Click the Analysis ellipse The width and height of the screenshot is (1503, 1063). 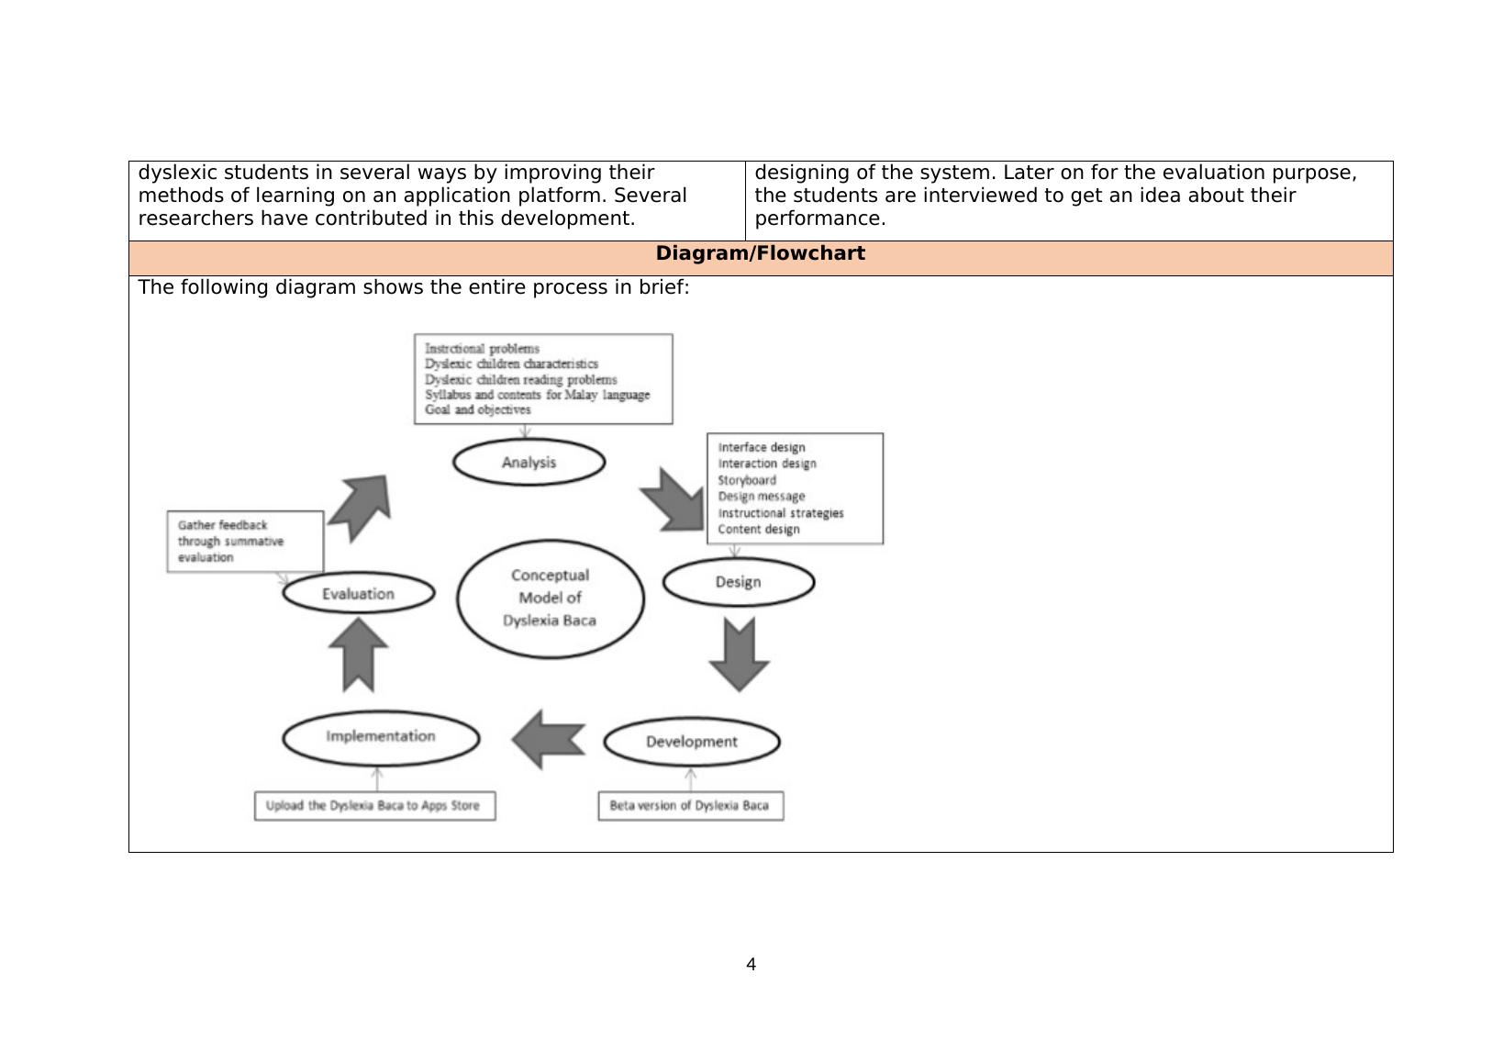529,462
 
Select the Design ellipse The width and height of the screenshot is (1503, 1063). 738,582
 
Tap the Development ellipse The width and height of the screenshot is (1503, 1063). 691,742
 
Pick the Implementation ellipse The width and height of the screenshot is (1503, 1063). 380,736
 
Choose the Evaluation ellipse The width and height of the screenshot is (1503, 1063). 358,594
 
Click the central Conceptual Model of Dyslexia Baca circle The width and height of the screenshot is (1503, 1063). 550,598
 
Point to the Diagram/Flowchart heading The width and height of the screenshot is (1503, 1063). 760,254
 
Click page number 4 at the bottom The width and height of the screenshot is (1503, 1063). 751,964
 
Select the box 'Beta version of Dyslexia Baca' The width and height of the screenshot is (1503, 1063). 690,806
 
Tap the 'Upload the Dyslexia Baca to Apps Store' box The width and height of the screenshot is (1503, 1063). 373,806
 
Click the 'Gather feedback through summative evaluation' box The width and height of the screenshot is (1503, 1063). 244,541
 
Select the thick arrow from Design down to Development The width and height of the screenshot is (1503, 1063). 739,654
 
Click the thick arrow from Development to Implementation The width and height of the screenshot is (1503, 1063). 549,739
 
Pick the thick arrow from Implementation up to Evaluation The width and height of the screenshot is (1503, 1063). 358,655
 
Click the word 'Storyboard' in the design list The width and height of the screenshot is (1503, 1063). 747,480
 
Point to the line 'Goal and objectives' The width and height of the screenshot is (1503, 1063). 477,409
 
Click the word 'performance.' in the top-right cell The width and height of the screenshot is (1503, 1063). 819,218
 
